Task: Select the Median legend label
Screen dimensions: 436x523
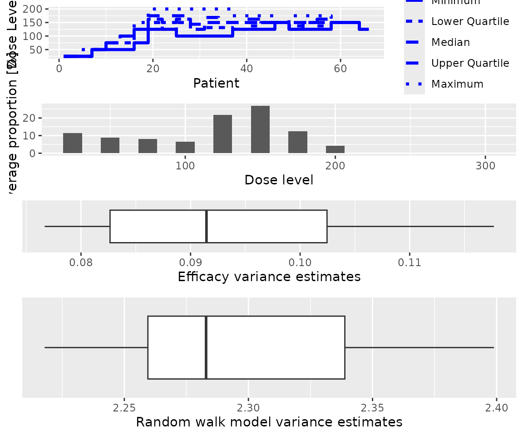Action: pos(450,42)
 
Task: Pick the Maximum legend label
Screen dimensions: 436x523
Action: pos(457,84)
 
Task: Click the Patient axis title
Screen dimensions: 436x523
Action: pos(216,83)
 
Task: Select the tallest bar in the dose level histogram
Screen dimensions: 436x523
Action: pos(260,130)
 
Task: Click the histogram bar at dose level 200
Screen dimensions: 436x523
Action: pos(335,149)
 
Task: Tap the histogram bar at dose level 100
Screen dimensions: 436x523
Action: pos(185,148)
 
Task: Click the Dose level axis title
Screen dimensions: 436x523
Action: pos(279,180)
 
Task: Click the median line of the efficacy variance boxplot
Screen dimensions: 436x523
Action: pos(207,226)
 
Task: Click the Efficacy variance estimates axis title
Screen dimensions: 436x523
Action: pos(269,277)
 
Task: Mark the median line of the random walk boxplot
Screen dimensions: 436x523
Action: pos(206,347)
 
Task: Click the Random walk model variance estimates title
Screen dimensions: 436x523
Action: pos(269,422)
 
